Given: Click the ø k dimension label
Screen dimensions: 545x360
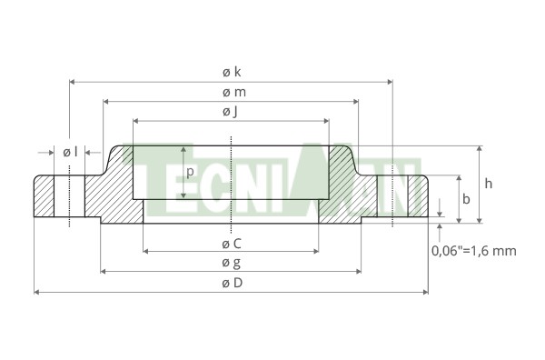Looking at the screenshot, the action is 232,72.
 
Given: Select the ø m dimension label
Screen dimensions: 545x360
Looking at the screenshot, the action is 234,92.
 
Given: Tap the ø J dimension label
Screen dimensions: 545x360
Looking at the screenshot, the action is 231,112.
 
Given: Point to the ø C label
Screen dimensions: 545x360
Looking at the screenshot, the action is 232,244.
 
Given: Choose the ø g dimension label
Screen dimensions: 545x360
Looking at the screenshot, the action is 231,263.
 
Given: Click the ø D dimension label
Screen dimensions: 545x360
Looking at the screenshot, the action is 233,283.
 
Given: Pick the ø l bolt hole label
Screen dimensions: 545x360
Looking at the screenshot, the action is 70,152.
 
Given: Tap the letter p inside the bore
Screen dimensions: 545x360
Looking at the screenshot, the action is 190,172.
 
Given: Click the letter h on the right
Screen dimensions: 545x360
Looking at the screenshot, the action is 489,184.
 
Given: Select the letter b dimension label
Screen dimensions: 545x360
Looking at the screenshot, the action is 466,199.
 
